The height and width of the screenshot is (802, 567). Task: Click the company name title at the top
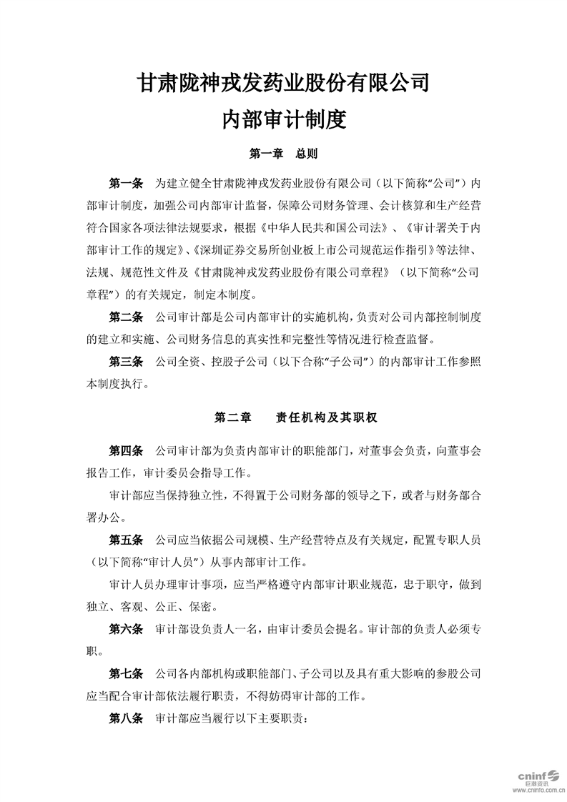[283, 84]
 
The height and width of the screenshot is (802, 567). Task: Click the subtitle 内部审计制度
[283, 119]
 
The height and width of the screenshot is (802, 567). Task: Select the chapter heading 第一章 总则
[283, 154]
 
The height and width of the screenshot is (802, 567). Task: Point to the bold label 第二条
[126, 317]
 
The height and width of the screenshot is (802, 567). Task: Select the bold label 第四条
[126, 451]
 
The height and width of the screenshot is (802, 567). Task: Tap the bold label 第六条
[126, 630]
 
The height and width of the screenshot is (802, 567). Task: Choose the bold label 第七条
[126, 673]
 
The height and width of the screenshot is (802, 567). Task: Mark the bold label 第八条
[126, 719]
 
